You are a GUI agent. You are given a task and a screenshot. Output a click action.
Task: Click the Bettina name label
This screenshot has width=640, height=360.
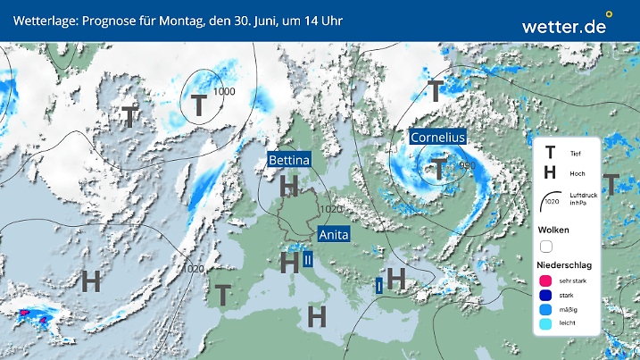point(289,160)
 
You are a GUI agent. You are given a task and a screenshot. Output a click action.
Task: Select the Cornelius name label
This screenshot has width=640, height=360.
point(438,138)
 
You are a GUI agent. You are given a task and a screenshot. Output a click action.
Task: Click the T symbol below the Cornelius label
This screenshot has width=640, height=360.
point(439,166)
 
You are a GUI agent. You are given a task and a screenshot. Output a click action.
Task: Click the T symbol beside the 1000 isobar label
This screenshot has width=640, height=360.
point(198,105)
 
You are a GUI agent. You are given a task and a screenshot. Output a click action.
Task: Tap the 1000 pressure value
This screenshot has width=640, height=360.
point(224,92)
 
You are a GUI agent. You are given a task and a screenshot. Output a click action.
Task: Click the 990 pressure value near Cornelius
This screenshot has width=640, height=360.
point(467,164)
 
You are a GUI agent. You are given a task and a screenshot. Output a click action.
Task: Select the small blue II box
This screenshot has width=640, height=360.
point(308,260)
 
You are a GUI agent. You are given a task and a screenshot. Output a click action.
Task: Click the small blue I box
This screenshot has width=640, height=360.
point(379,285)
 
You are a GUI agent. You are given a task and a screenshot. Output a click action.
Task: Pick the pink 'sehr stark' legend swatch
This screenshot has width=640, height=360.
point(545,281)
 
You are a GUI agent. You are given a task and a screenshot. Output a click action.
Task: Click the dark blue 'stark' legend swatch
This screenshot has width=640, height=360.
point(545,296)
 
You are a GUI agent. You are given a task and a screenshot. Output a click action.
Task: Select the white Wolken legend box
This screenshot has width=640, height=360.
point(545,246)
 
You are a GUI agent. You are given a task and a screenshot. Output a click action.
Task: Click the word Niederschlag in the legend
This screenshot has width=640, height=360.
point(563,265)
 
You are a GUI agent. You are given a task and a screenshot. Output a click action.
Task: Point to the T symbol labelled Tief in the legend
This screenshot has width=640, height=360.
point(550,154)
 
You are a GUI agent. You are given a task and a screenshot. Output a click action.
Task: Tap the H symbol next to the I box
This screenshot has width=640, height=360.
point(396,279)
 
